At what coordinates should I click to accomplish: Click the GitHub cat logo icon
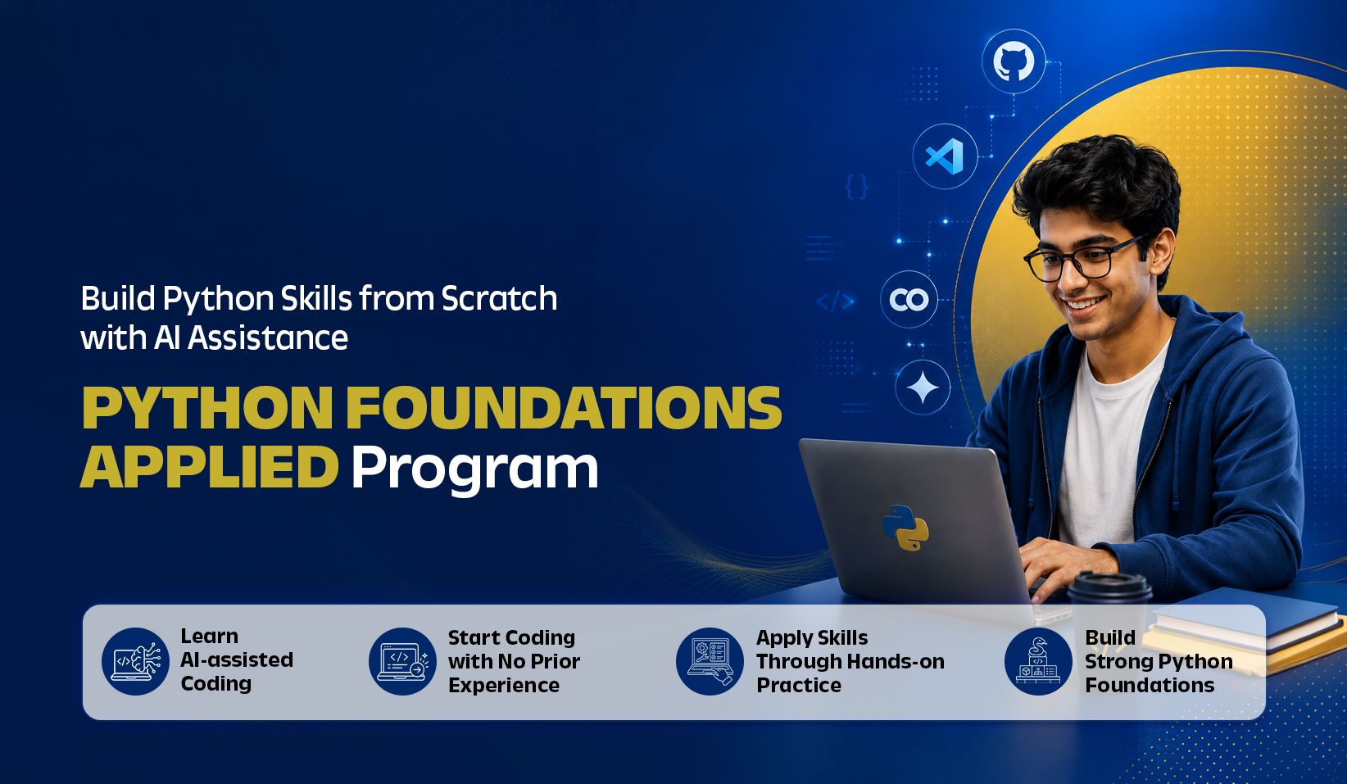tap(1014, 61)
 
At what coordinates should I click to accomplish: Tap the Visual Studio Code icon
tap(945, 156)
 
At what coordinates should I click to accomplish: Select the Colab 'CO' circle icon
tap(909, 299)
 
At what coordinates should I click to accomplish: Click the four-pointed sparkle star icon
tap(923, 387)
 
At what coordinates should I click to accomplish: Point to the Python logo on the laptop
tap(905, 528)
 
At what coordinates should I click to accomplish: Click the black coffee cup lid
tap(1110, 587)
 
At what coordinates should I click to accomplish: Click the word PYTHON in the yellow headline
tap(207, 408)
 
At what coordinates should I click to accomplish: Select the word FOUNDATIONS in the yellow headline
tap(564, 408)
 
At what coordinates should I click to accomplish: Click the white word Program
tap(474, 469)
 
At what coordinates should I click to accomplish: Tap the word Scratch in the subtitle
tap(499, 298)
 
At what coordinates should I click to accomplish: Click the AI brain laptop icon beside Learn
tap(135, 661)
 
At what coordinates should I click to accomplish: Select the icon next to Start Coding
tap(402, 661)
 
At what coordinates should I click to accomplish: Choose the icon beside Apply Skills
tap(710, 661)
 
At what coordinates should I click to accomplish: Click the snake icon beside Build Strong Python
tap(1038, 661)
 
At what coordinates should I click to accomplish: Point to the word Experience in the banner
tap(504, 686)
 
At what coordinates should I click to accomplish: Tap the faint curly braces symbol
tap(856, 187)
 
